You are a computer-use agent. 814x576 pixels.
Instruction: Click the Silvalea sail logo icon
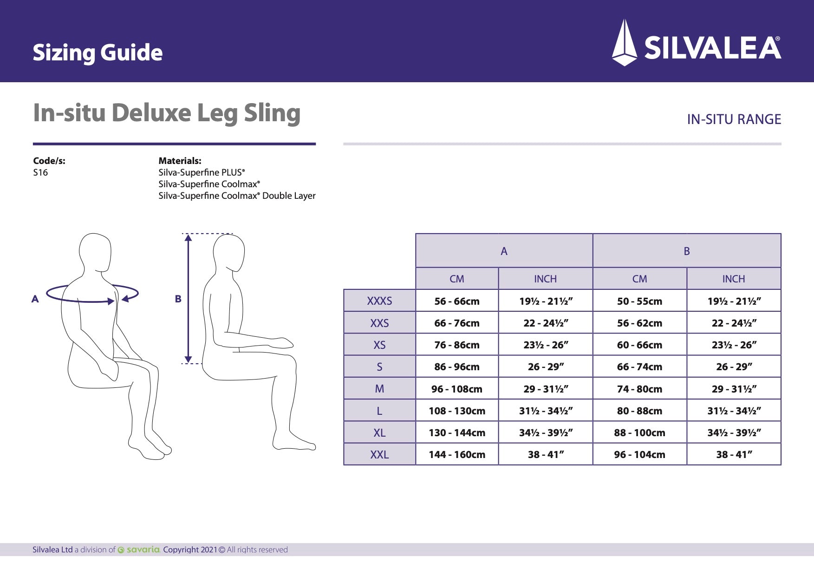coord(625,43)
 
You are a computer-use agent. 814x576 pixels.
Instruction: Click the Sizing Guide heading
coord(98,52)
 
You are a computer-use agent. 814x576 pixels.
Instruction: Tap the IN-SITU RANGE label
coord(734,119)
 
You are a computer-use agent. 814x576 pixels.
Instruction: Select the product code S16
coord(40,173)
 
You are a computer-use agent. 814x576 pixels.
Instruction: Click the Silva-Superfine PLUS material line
coord(202,172)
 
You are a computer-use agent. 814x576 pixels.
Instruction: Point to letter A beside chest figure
coord(35,299)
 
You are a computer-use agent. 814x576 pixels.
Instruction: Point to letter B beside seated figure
coord(178,299)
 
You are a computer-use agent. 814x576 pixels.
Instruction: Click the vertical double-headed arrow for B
coord(188,299)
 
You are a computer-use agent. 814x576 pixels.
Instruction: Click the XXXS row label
coord(379,301)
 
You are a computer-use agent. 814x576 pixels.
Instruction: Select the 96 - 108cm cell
coord(457,389)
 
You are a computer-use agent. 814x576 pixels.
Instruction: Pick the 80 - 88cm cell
coord(639,411)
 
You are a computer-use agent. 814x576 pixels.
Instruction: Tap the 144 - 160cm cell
coord(457,455)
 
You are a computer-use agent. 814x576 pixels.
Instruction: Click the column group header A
coord(504,251)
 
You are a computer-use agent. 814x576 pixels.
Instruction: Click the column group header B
coord(687,251)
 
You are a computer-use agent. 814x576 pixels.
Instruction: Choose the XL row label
coord(379,433)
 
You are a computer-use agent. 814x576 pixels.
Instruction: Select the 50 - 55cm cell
coord(639,301)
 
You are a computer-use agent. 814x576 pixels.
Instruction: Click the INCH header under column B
coord(734,279)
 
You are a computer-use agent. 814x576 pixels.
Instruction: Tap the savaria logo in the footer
coord(139,550)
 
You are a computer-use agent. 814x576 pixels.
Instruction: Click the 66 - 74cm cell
coord(639,367)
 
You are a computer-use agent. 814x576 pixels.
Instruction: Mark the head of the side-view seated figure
coord(229,253)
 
